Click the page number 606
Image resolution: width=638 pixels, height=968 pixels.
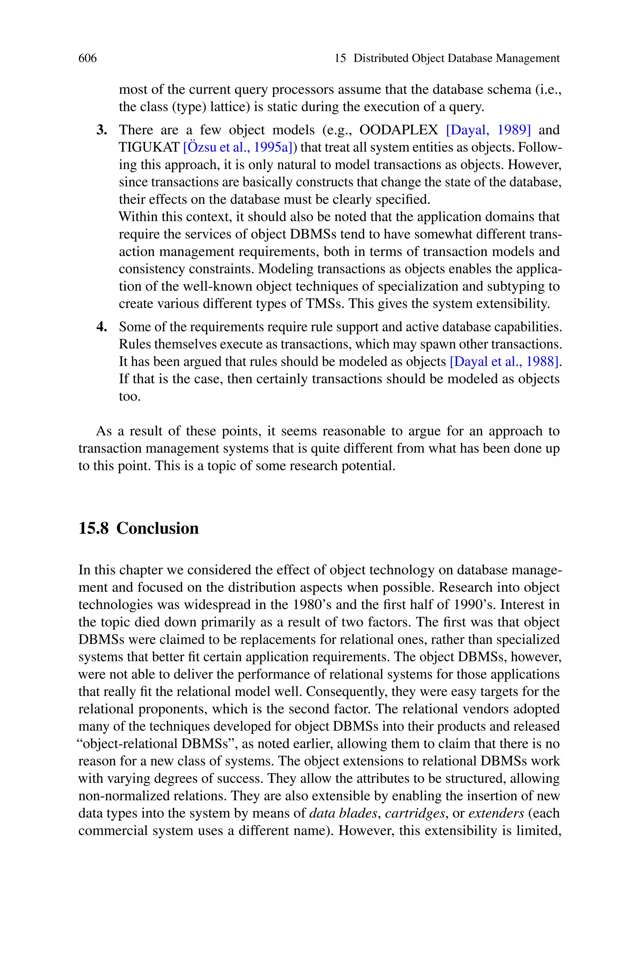pos(88,58)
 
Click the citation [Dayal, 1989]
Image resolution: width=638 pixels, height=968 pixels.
pos(488,130)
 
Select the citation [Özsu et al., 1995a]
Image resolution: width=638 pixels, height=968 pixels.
pos(238,147)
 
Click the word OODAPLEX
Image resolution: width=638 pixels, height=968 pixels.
pos(399,130)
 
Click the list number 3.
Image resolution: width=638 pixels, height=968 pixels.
pos(102,130)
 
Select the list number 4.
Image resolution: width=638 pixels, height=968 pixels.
pos(102,327)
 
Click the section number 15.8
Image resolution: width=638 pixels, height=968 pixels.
pos(93,528)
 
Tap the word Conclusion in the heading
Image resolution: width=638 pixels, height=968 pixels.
pos(157,528)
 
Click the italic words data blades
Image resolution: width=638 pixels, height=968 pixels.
pos(343,813)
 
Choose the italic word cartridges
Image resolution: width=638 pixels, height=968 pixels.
pos(415,813)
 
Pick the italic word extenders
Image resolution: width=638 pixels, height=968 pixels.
pos(496,813)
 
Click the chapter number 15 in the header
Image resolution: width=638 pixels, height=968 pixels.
pos(340,58)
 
